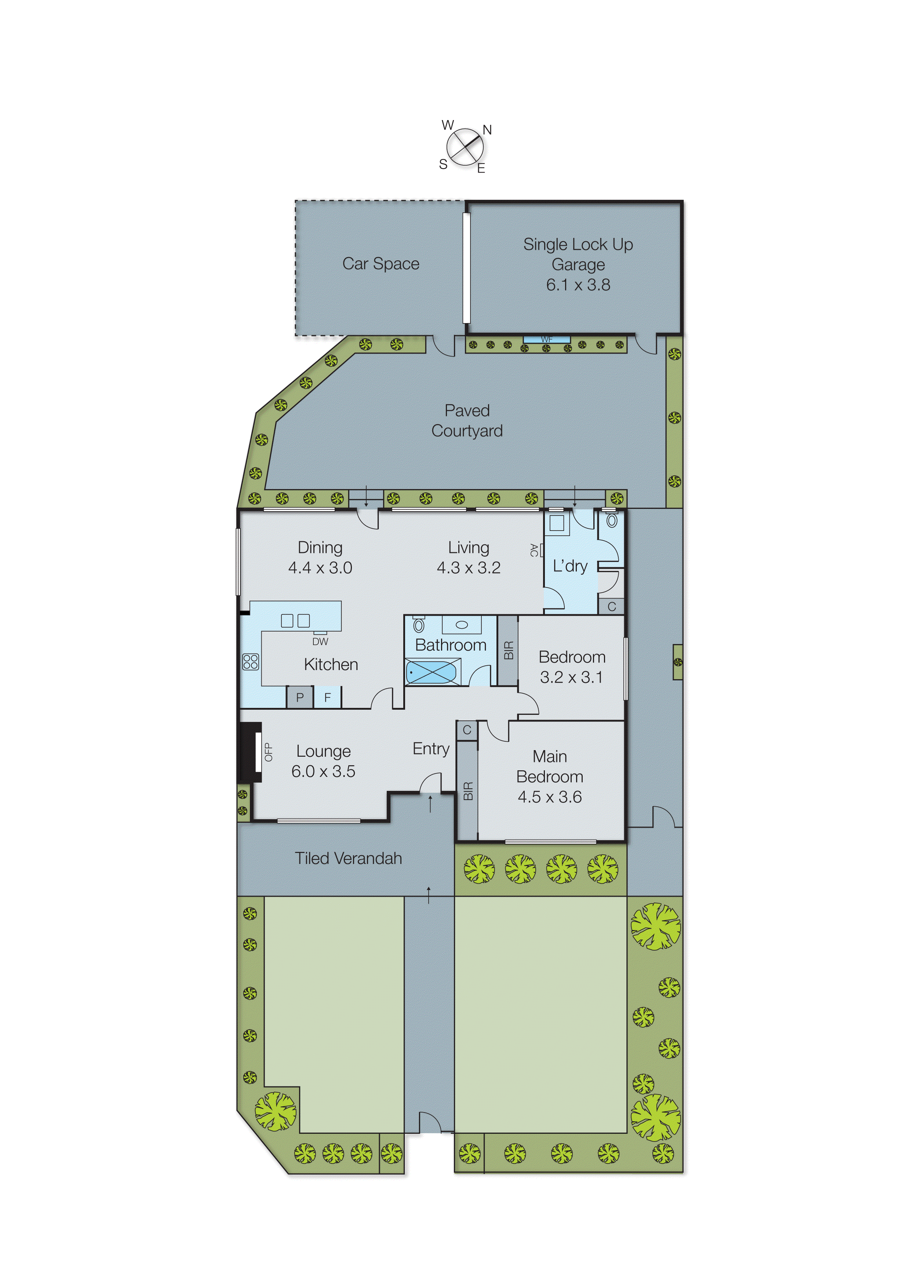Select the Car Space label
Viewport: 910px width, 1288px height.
[381, 263]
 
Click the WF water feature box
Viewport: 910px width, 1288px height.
[547, 339]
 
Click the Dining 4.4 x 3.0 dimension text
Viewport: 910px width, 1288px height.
[320, 568]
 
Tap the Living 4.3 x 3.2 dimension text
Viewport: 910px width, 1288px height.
[469, 568]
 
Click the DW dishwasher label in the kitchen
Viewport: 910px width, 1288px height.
[320, 641]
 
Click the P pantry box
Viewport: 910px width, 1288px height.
[300, 697]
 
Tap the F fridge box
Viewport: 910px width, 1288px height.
[327, 697]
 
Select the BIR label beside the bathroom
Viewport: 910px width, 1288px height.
[508, 650]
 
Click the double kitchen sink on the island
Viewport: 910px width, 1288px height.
[295, 621]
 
